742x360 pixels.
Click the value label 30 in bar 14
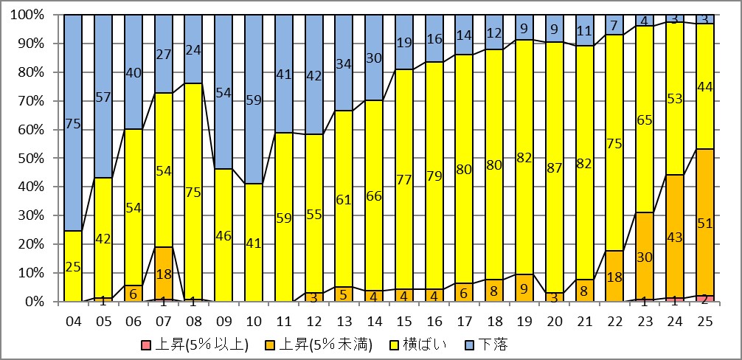375,58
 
